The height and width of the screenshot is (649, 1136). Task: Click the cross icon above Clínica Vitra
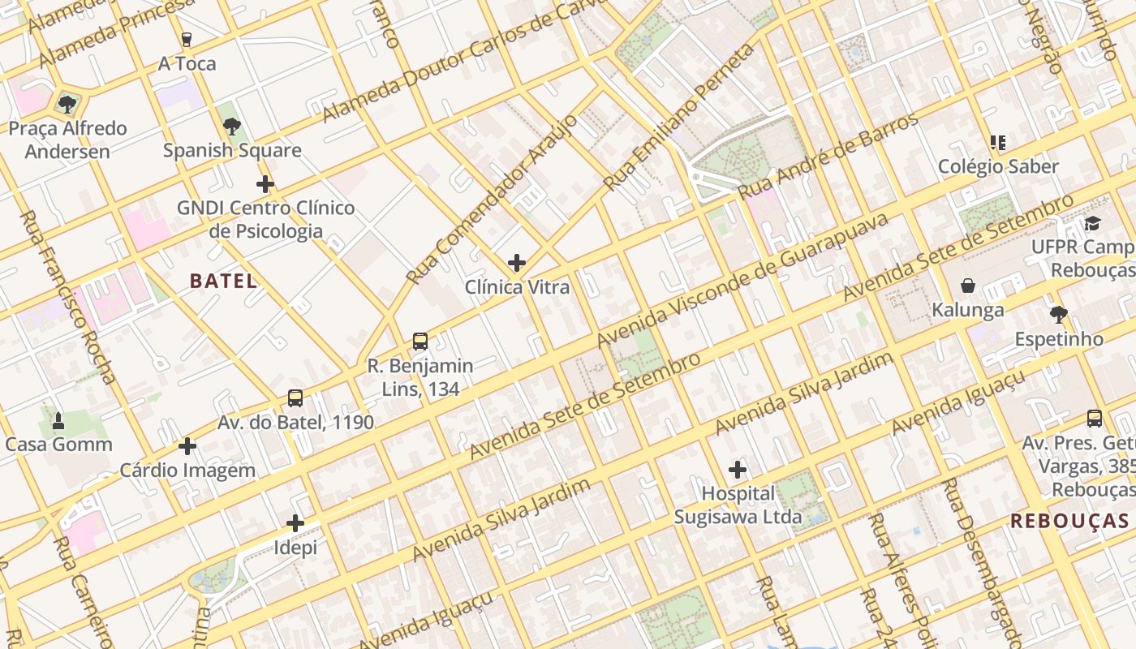[x=517, y=263]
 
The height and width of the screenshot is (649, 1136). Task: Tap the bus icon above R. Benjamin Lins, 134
[x=420, y=342]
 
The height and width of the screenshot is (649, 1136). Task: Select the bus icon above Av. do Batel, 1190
[x=295, y=398]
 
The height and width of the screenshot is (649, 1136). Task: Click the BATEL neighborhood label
[x=223, y=282]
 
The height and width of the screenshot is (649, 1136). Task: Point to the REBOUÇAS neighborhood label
[x=1069, y=521]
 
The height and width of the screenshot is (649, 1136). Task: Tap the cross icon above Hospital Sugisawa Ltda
[x=737, y=470]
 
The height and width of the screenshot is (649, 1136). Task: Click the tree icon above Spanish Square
[x=232, y=127]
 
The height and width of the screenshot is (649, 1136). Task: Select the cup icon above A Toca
[x=187, y=39]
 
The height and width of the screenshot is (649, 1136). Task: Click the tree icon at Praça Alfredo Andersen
[x=67, y=104]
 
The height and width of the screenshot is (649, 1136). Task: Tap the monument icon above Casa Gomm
[x=58, y=420]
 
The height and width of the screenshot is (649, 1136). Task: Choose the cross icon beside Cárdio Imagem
[x=187, y=446]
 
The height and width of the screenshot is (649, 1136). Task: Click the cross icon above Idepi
[x=295, y=523]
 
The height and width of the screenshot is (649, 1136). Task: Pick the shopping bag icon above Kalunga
[x=967, y=286]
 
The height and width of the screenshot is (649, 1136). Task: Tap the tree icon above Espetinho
[x=1058, y=315]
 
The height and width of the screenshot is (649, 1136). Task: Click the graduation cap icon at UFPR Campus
[x=1092, y=223]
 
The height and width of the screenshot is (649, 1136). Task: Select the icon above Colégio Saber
[x=998, y=143]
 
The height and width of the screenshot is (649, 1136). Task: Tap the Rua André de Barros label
[x=828, y=157]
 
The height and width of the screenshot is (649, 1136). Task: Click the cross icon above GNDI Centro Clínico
[x=265, y=184]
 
